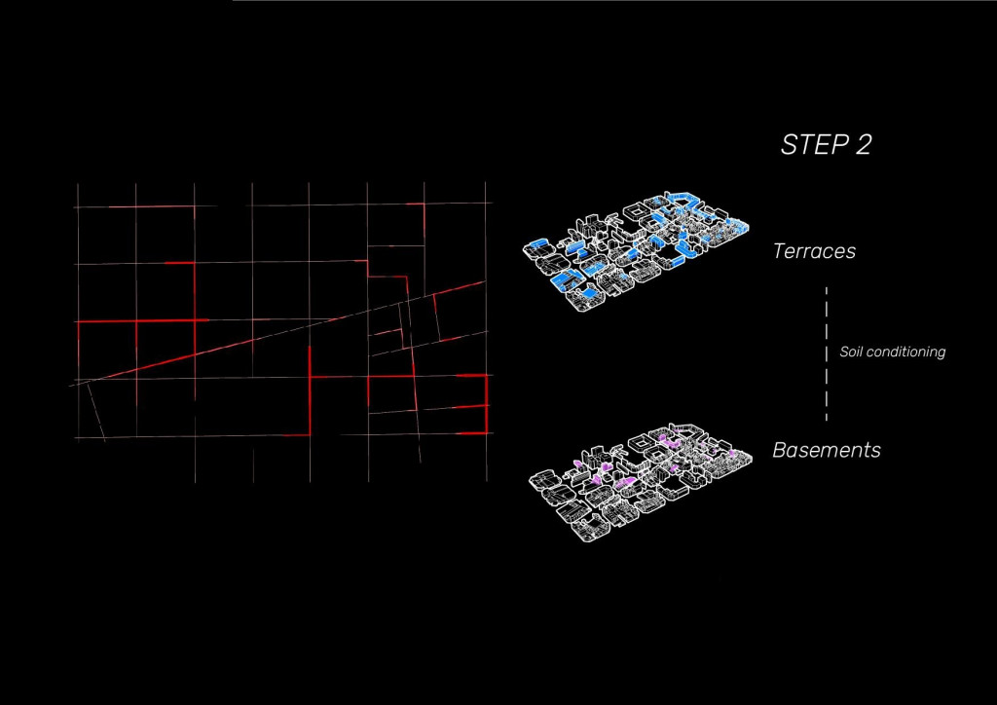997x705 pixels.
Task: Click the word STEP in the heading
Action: point(814,145)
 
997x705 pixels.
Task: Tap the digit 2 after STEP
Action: point(863,145)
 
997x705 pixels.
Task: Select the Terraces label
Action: point(815,251)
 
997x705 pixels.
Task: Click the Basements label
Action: point(827,450)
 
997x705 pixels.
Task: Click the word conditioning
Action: point(905,352)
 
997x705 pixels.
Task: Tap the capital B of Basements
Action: point(780,450)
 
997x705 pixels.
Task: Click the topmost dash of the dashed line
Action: point(827,294)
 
